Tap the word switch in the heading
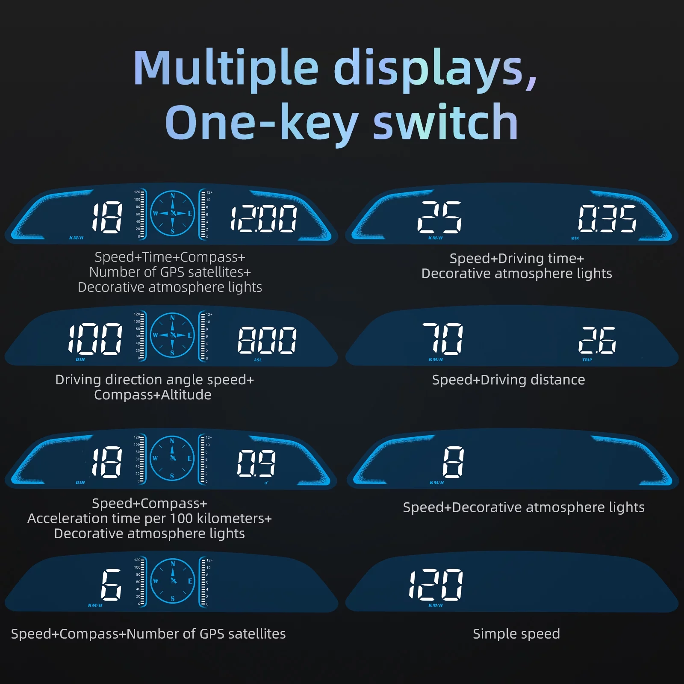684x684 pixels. tap(445, 123)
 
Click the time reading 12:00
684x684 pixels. tap(264, 218)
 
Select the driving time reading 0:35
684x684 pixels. tap(607, 218)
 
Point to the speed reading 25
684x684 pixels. tap(439, 217)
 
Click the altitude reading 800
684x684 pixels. tap(267, 340)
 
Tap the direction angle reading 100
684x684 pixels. tap(95, 339)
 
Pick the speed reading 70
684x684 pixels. tap(443, 339)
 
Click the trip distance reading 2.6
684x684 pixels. tap(597, 340)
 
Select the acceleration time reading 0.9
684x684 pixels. tap(256, 463)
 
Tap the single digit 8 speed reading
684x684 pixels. tap(453, 462)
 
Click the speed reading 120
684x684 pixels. tap(436, 584)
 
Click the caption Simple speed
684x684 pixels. tap(516, 634)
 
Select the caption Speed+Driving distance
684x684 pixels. tap(508, 380)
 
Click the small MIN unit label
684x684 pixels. tap(575, 238)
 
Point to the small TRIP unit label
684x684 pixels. tap(587, 360)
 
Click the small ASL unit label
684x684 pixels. tap(258, 360)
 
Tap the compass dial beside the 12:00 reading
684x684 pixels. tap(173, 213)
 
